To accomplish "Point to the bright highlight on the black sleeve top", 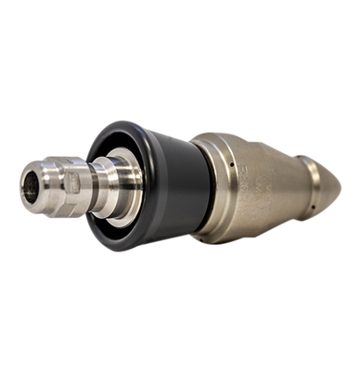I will (153, 139).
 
